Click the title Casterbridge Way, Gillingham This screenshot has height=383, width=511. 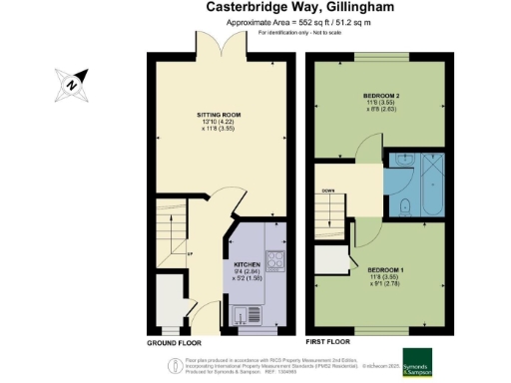(x=256, y=8)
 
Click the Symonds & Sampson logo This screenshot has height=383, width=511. (x=423, y=359)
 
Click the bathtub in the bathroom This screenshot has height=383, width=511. (x=436, y=184)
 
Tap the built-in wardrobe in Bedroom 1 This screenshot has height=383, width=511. (x=325, y=261)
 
